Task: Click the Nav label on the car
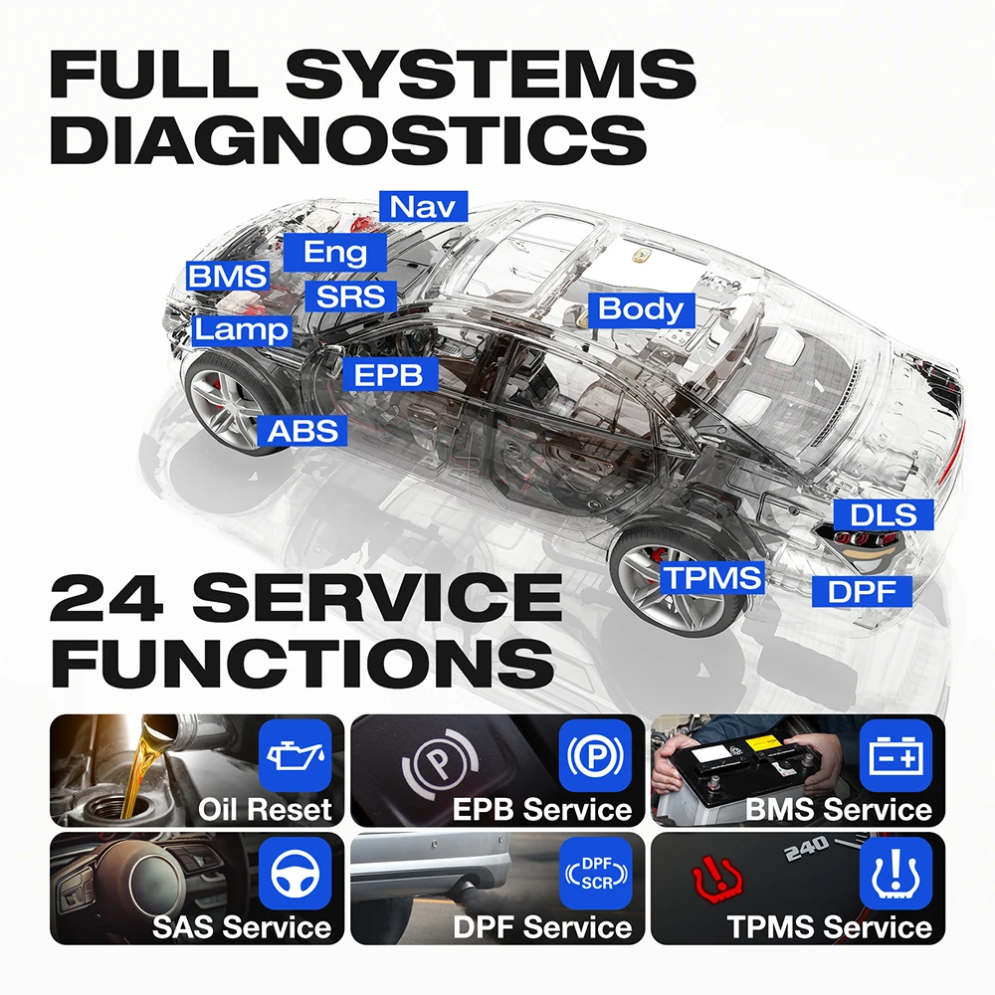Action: [423, 206]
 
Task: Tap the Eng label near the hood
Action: [335, 252]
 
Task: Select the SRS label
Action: [351, 297]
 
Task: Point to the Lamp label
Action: [242, 330]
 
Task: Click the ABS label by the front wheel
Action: [302, 431]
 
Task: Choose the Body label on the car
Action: [642, 309]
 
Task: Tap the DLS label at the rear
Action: [884, 514]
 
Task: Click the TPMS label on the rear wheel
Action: [712, 578]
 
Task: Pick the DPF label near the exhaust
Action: [862, 591]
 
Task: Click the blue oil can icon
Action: [296, 755]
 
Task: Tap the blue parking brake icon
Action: [596, 755]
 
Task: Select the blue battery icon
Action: [896, 755]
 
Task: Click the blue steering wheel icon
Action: [296, 874]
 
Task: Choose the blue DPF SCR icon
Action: [596, 874]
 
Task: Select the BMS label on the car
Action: [228, 276]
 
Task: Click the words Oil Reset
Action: [265, 810]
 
